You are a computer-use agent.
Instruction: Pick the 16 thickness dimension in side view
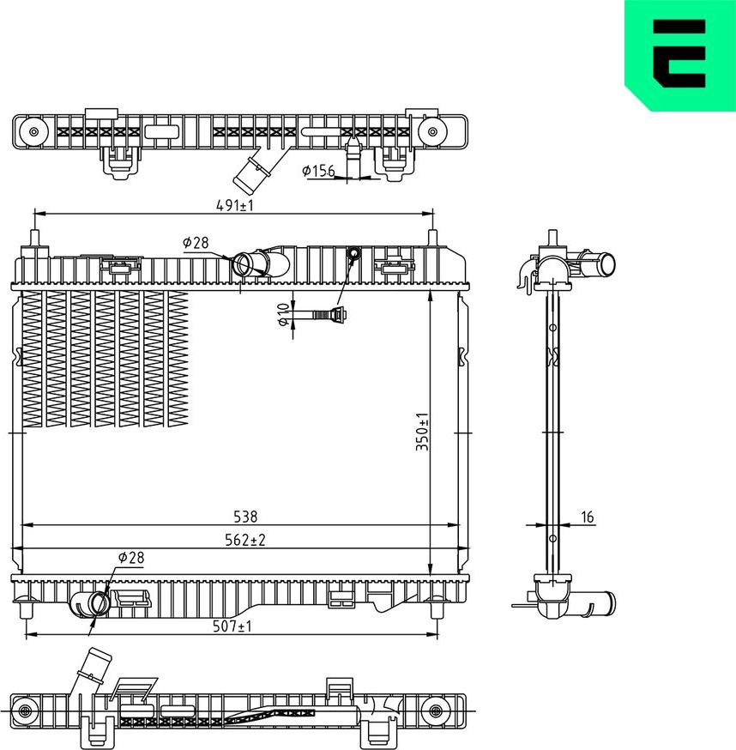587,517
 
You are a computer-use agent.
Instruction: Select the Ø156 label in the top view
318,171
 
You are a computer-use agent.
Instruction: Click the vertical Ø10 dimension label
282,315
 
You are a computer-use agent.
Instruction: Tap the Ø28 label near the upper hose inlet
196,243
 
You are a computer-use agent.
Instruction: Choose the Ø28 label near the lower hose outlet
131,558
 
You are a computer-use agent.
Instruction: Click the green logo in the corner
679,53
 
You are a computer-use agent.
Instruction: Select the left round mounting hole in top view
35,132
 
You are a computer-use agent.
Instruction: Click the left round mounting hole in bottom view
27,711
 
